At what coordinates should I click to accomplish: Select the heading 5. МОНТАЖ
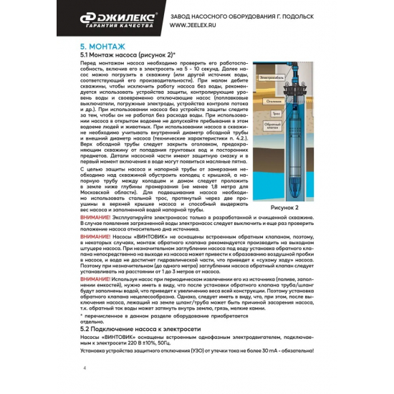105,45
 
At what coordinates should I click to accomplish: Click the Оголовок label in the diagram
271,100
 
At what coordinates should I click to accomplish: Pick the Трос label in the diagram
273,113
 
